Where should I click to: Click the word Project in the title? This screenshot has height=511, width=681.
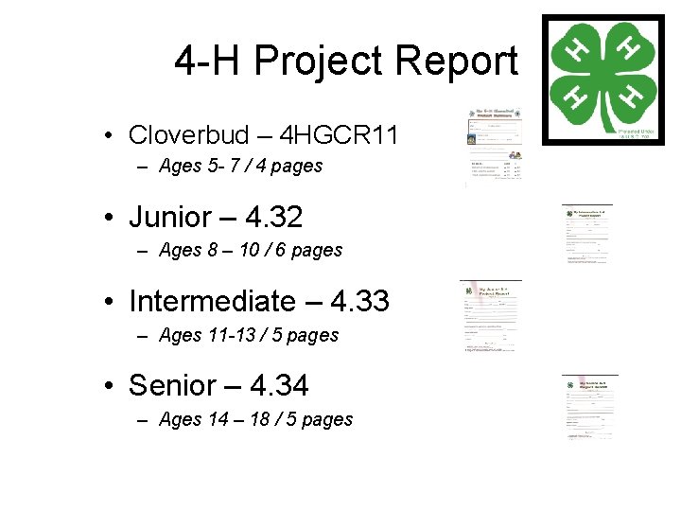pos(319,62)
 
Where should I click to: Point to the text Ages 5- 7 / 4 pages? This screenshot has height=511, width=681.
pos(241,167)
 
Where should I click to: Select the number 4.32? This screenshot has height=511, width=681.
pos(273,218)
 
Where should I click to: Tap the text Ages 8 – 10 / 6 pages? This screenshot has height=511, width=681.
pos(251,251)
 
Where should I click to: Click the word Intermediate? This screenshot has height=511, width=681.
pos(212,302)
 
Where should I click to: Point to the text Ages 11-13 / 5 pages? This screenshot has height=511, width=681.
pos(249,335)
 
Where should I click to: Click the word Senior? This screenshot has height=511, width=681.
pos(177,386)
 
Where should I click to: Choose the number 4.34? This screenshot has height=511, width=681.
pos(279,386)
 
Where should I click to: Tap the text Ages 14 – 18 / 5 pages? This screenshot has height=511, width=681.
pos(255,419)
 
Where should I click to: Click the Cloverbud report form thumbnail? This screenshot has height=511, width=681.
pos(497,148)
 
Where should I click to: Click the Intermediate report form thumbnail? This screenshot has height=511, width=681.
pos(491,317)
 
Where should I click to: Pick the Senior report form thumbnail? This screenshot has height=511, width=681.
pos(588,406)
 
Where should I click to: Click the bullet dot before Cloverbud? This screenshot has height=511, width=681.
pos(110,135)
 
